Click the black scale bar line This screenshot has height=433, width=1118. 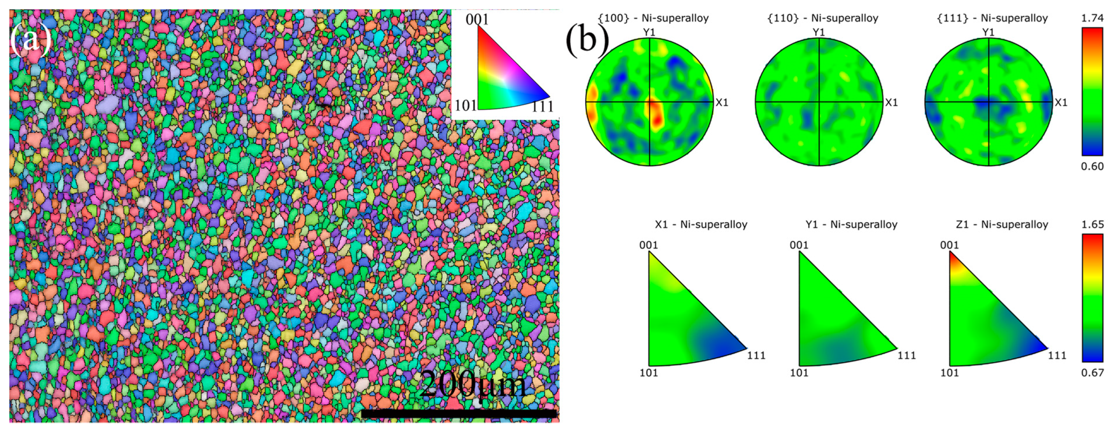[459, 414]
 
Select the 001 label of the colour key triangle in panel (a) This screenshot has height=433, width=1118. [477, 19]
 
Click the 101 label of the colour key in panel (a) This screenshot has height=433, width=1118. [465, 105]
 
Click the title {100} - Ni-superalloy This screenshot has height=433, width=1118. [653, 18]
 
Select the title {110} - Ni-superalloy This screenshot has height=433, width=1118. [822, 18]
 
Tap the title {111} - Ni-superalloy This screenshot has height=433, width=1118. [992, 18]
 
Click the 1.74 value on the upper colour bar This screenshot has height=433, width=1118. [1092, 18]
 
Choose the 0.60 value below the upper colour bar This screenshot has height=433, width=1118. [1092, 166]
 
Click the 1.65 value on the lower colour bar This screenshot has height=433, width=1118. [1092, 224]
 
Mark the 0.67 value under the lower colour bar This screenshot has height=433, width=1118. [1092, 373]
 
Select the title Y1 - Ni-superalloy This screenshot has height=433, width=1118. [851, 224]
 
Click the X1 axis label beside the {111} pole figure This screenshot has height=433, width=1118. [1061, 102]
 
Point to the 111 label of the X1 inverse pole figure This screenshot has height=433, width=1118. [756, 355]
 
